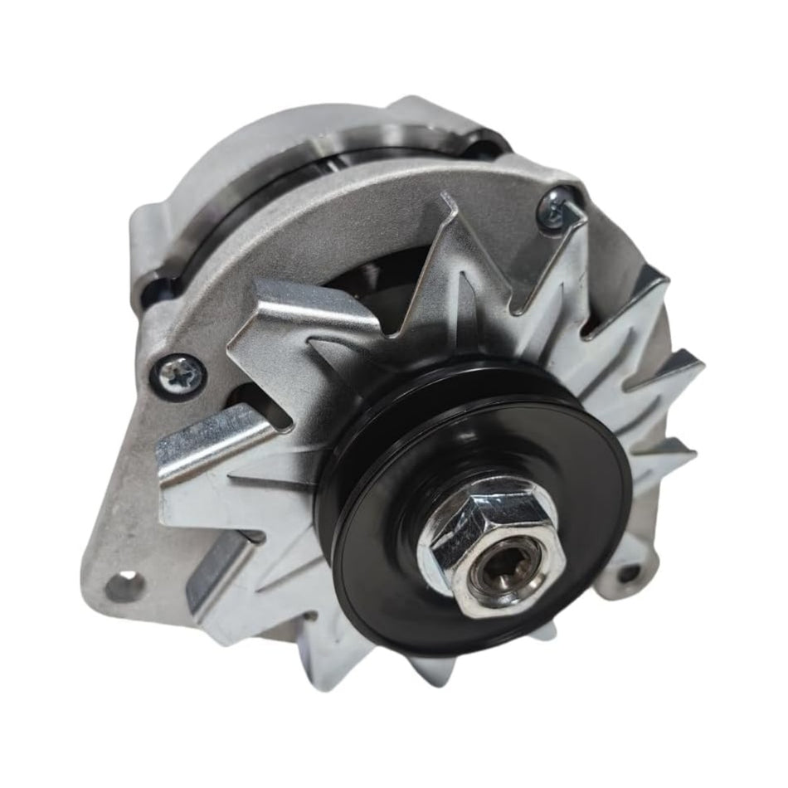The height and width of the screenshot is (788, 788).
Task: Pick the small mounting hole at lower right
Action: (x=630, y=572)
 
